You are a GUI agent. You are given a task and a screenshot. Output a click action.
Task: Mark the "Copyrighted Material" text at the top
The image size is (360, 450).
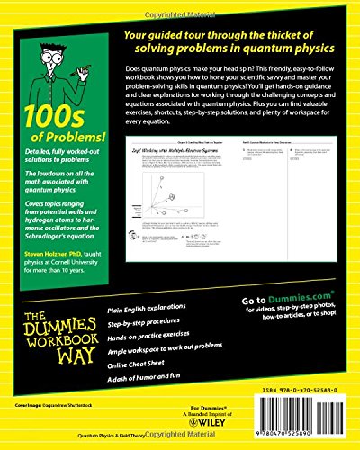click(x=180, y=4)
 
